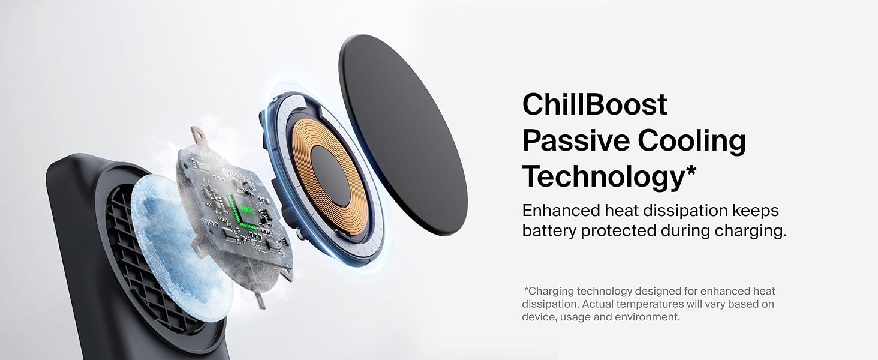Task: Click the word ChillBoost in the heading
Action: click(594, 104)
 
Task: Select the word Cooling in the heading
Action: click(692, 142)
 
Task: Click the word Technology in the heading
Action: click(603, 178)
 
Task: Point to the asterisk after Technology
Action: click(691, 171)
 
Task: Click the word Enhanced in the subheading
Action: click(561, 211)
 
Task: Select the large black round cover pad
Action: click(403, 134)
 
